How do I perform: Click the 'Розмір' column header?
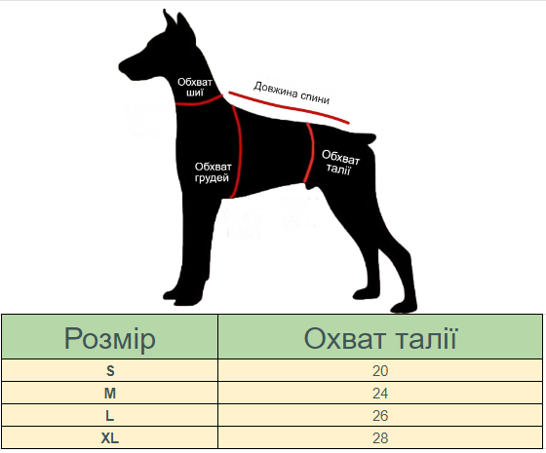(x=109, y=339)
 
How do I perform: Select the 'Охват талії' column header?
(x=380, y=339)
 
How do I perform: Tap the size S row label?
(x=110, y=371)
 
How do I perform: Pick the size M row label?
(x=110, y=394)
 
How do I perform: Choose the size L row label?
(x=109, y=415)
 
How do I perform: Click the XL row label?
(x=109, y=438)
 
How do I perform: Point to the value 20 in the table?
(x=380, y=371)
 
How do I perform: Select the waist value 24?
(x=380, y=394)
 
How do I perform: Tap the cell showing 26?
(x=380, y=415)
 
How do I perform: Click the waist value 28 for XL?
(x=380, y=438)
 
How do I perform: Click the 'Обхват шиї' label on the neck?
(x=195, y=88)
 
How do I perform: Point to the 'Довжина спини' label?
(x=292, y=93)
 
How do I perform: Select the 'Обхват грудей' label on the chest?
(x=213, y=172)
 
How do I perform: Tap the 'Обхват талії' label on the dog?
(x=340, y=163)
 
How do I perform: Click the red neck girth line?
(x=199, y=102)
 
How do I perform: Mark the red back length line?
(x=289, y=107)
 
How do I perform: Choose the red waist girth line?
(x=311, y=153)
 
